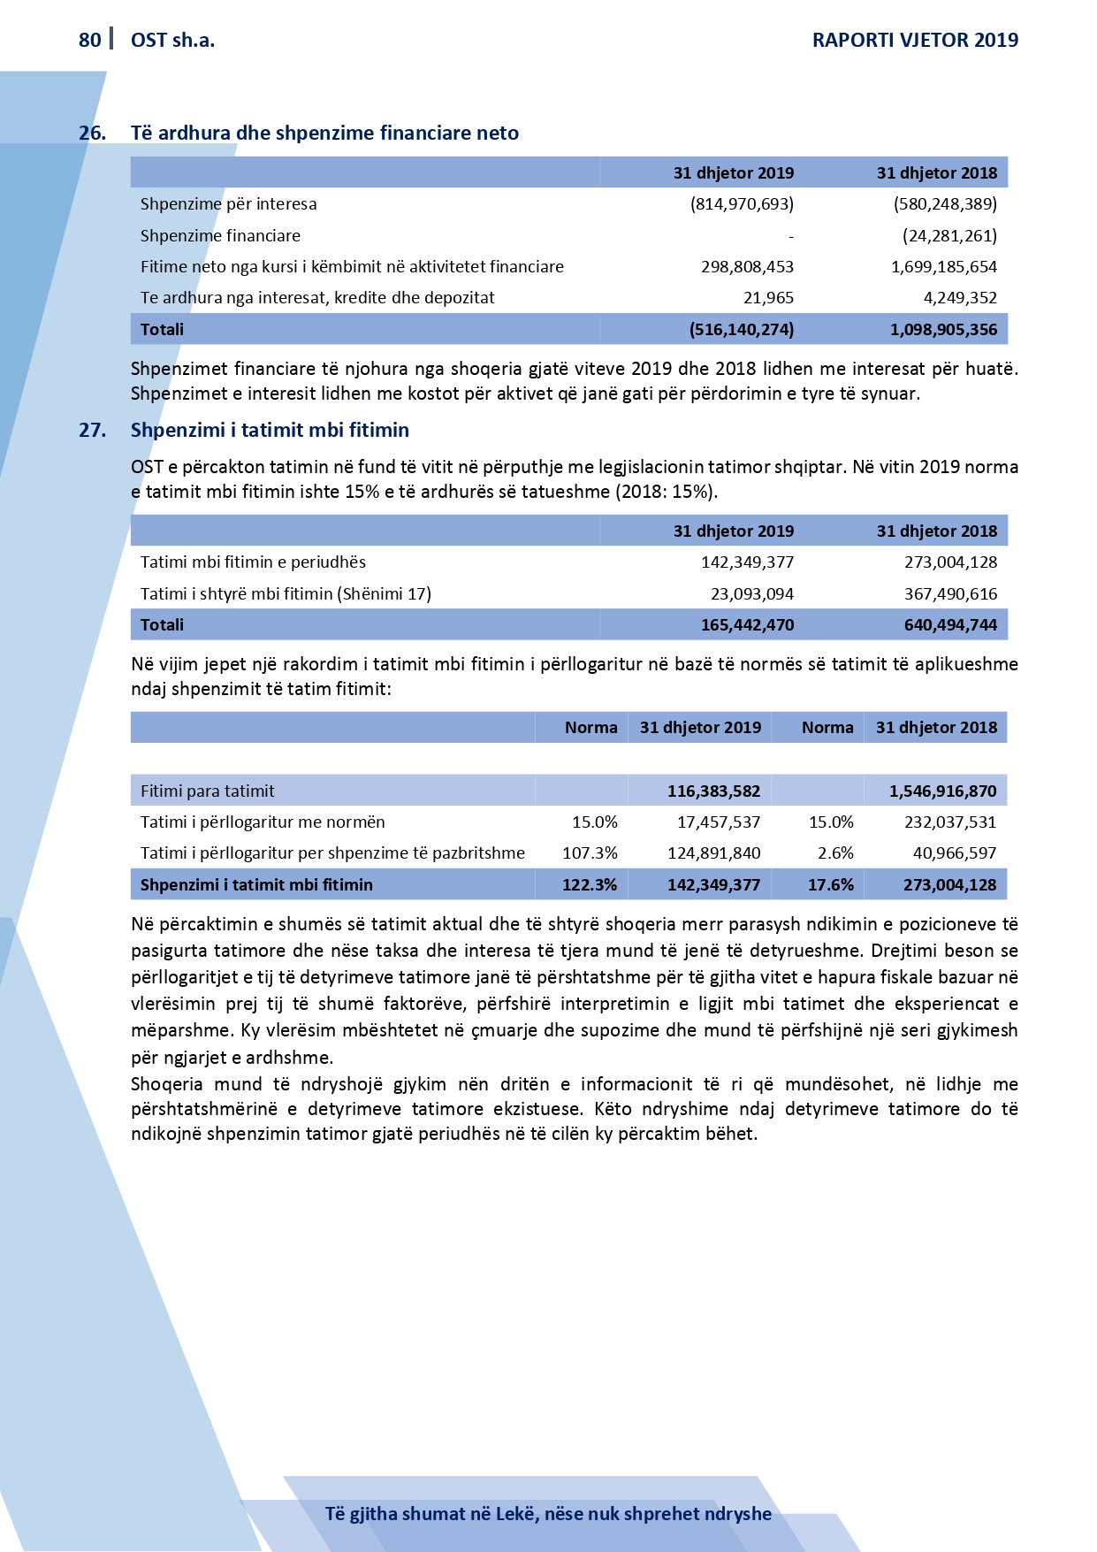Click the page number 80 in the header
tap(89, 40)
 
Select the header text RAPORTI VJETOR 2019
tap(915, 40)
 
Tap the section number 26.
tap(92, 134)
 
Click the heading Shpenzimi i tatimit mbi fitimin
tap(270, 431)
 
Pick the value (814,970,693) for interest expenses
tap(742, 204)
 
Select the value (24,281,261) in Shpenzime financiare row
tap(949, 236)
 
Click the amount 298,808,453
tap(747, 267)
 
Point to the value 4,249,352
tap(960, 298)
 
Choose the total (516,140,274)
tap(741, 330)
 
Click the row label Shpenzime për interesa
tap(228, 204)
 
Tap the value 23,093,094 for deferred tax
tap(752, 594)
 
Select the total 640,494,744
tap(950, 625)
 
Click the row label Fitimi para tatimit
tap(207, 791)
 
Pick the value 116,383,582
tap(713, 791)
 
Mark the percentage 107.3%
tap(590, 853)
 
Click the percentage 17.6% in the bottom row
tap(831, 885)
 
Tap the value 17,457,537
tap(719, 822)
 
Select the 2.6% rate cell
tap(835, 853)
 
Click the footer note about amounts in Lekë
tap(548, 1513)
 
